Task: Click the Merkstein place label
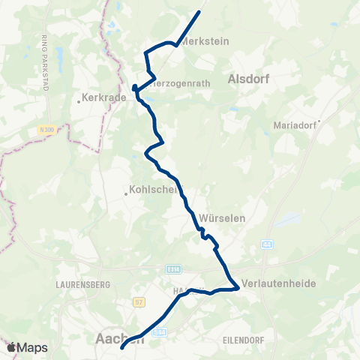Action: coord(205,42)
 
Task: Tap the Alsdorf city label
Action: coord(247,78)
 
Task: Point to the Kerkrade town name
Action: coord(102,98)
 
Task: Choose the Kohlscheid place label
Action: coord(157,190)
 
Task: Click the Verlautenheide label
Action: coord(280,284)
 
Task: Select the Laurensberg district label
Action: coord(83,285)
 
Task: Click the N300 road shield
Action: coord(46,130)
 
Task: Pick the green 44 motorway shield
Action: coord(267,245)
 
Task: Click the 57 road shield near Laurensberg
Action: coord(138,302)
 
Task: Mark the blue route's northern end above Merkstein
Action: coord(200,12)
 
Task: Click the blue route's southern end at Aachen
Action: coord(122,347)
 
